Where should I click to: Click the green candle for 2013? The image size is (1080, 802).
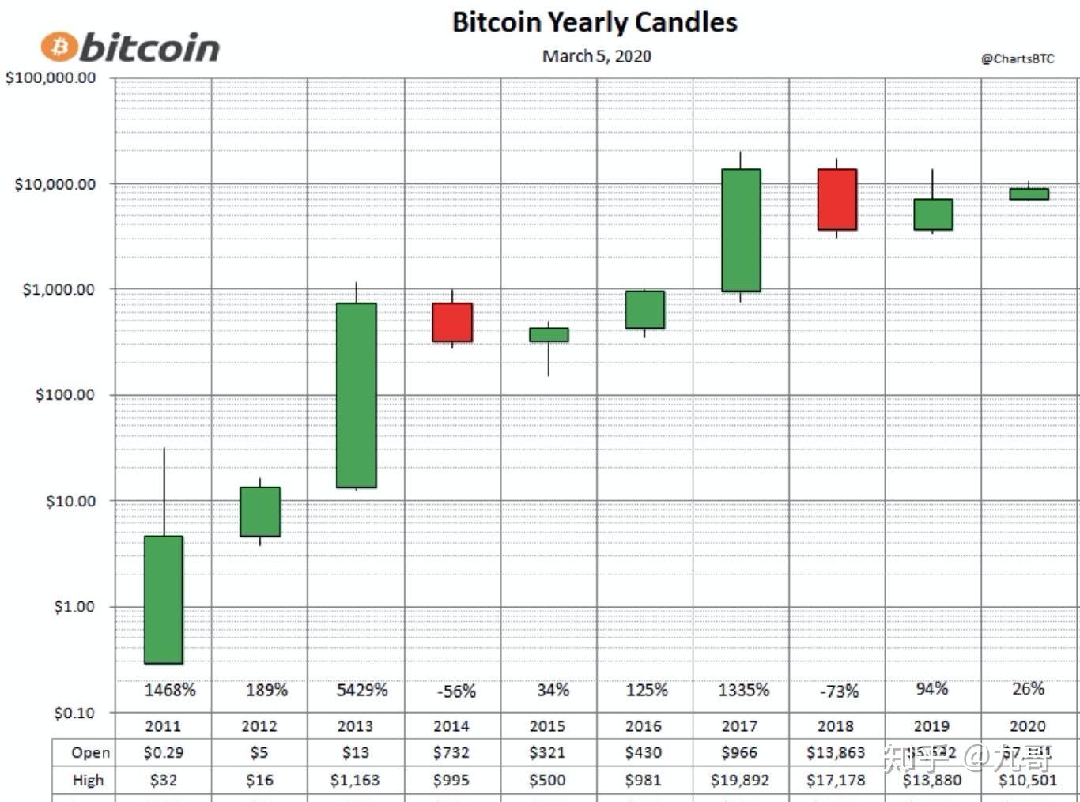coord(356,395)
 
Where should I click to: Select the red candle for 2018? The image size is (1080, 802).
coord(836,199)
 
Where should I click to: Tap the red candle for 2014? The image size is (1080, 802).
coord(452,322)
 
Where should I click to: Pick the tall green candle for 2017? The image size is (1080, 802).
coord(741,230)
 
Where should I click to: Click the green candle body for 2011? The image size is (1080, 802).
coord(164,600)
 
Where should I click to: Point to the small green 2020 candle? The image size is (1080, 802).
coord(1029,194)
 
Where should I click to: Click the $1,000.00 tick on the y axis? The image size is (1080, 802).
coord(59,290)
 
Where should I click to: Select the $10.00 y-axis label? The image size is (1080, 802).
coord(70,501)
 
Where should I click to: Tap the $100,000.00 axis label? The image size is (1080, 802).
coord(51,78)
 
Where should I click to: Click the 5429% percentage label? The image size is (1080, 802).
coord(362,690)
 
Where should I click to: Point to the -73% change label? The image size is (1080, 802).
coord(839,691)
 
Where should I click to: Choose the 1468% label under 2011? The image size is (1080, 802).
coord(169,690)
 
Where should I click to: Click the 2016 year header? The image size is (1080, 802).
coord(643,725)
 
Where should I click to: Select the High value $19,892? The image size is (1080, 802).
coord(740,780)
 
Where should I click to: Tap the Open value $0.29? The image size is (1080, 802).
coord(164,752)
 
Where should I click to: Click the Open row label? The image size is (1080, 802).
coord(90,752)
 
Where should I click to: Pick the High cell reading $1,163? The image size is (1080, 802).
coord(355,780)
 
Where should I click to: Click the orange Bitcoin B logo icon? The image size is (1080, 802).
coord(59,47)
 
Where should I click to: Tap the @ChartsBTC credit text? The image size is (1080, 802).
coord(1017,58)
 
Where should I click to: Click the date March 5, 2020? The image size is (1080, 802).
coord(596,56)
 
